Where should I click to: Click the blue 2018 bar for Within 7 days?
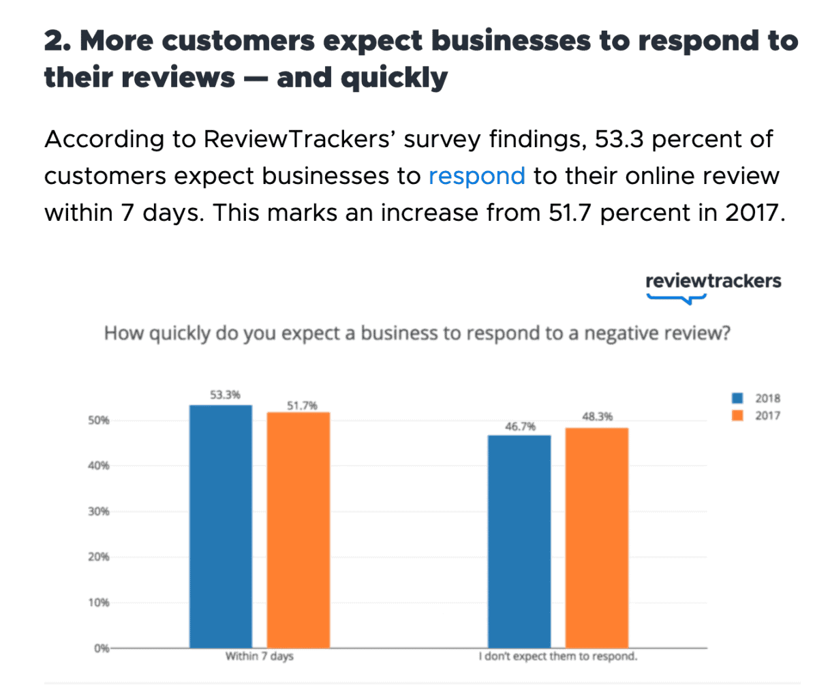click(220, 526)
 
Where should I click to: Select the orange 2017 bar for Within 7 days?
click(298, 530)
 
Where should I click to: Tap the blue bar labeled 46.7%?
click(519, 541)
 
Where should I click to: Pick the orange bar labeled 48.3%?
click(596, 537)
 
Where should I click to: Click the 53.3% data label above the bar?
click(225, 395)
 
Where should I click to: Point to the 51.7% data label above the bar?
click(302, 406)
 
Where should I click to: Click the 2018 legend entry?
click(756, 398)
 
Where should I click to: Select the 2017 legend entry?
click(756, 416)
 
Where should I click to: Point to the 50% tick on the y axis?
click(98, 421)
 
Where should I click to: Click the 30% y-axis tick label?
click(98, 511)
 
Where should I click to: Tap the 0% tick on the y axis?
click(101, 648)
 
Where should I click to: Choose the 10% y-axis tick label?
click(98, 603)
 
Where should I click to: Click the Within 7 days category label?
click(259, 656)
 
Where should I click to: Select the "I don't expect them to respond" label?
click(557, 656)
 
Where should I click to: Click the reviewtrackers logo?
click(713, 285)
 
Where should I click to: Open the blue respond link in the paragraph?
click(476, 176)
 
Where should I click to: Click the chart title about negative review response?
click(417, 333)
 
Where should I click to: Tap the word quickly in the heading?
click(394, 78)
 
